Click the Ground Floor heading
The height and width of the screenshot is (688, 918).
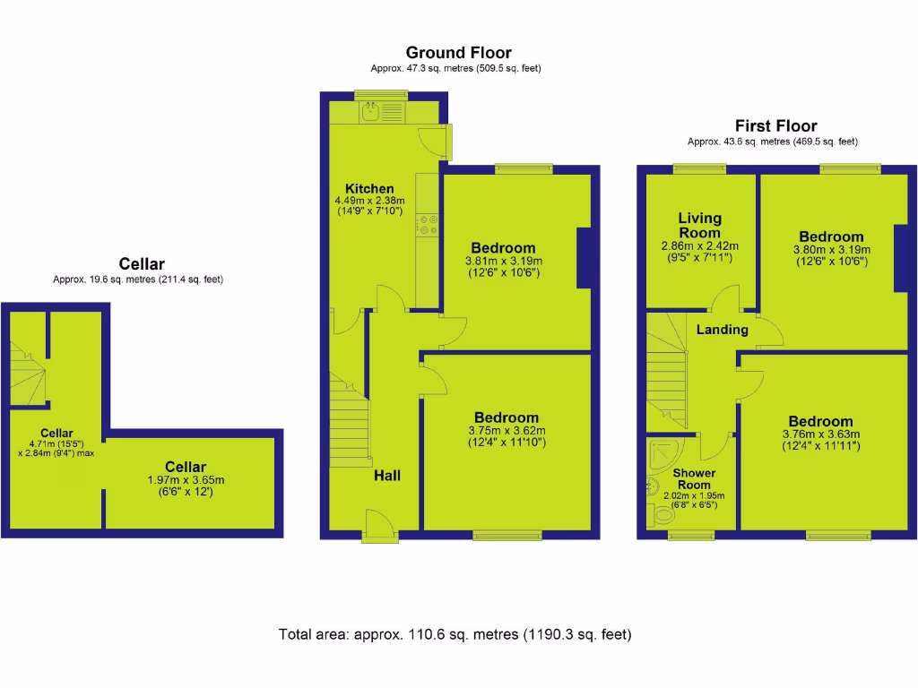[x=458, y=53]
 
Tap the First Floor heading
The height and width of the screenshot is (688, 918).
[x=775, y=126]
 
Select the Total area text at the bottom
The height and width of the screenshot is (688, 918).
[x=455, y=634]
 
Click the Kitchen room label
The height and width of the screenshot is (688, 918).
[x=369, y=188]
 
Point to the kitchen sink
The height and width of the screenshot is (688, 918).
[x=371, y=112]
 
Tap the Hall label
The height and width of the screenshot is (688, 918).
[x=387, y=476]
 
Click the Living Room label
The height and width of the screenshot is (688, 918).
[x=699, y=225]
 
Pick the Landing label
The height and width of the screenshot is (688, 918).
[x=722, y=330]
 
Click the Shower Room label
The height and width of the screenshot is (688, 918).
[x=694, y=478]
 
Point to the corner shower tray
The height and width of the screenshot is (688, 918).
[x=667, y=453]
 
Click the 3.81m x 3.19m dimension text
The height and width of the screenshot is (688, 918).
[x=503, y=262]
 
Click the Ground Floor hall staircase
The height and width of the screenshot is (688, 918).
[x=350, y=417]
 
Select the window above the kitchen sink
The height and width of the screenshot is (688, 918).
[x=380, y=95]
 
